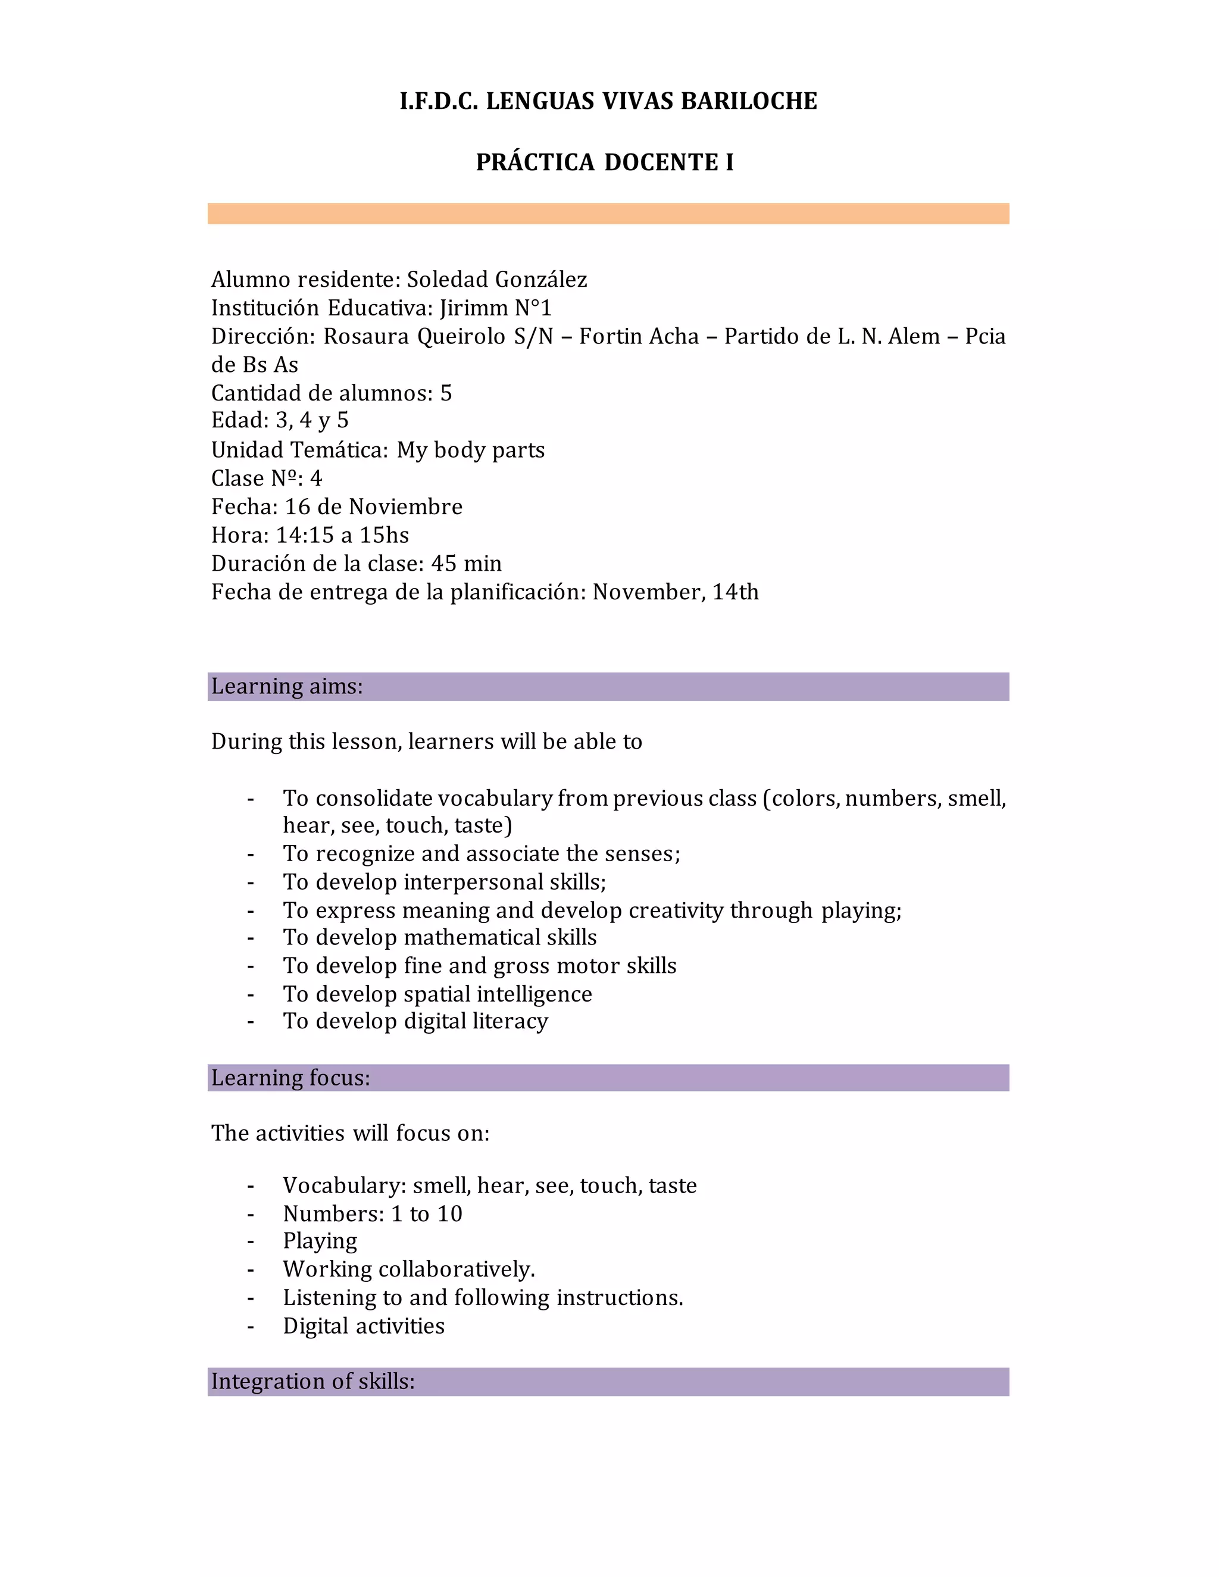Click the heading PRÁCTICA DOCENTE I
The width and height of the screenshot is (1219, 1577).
pos(605,162)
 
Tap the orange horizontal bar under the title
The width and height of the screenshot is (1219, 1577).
pos(608,214)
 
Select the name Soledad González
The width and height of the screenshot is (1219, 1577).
pos(497,280)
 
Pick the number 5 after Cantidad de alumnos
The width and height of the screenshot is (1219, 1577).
pos(446,393)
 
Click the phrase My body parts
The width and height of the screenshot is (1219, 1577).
pos(470,450)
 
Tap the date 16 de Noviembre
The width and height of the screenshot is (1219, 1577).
pos(373,507)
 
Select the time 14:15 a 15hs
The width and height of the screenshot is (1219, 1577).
pos(342,535)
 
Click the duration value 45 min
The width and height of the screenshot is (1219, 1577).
pos(466,563)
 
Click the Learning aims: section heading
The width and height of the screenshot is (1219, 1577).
pos(287,687)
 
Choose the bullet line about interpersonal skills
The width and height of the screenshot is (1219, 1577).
pos(444,883)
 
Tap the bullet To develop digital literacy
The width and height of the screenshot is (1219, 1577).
pos(415,1021)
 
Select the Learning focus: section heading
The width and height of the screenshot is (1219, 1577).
pos(291,1078)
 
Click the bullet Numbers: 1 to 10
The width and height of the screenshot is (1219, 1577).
pos(372,1214)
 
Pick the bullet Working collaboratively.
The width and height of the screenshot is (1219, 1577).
pos(409,1269)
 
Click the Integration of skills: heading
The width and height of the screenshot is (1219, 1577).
pos(312,1381)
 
